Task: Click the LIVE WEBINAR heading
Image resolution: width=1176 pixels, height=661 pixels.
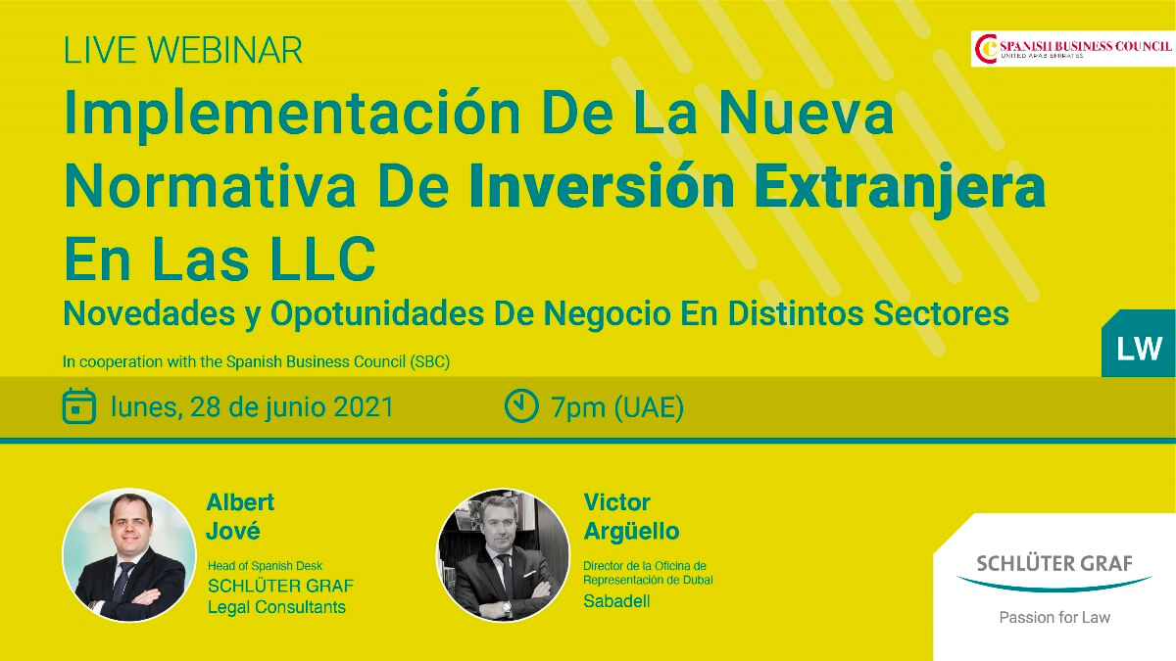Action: (x=182, y=50)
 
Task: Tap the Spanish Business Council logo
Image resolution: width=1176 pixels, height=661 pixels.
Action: (x=1072, y=49)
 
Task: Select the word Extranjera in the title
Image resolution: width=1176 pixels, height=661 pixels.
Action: (x=900, y=187)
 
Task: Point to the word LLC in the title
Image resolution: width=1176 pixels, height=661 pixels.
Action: (x=322, y=260)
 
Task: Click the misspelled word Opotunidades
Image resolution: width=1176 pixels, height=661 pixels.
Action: (x=377, y=314)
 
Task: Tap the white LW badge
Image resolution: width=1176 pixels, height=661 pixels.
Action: (x=1139, y=349)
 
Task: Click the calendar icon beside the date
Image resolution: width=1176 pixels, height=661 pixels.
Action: (x=79, y=406)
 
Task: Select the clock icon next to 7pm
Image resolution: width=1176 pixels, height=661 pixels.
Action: (x=521, y=405)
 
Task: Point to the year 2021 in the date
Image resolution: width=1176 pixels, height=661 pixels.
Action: (x=364, y=407)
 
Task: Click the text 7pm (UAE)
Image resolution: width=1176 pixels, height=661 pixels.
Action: (x=616, y=407)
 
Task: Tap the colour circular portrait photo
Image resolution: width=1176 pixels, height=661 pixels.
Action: (x=129, y=555)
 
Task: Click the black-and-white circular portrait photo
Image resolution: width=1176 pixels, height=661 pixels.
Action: (x=504, y=555)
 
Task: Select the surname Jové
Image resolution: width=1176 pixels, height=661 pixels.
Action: (x=233, y=532)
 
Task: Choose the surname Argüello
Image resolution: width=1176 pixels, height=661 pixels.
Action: (x=631, y=532)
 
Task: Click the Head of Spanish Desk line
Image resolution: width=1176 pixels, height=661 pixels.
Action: (x=265, y=566)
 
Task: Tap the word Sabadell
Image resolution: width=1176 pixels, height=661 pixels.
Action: (x=616, y=601)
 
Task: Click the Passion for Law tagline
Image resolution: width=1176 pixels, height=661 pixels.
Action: (x=1054, y=618)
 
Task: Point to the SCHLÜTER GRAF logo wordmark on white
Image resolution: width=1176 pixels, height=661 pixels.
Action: (x=1054, y=563)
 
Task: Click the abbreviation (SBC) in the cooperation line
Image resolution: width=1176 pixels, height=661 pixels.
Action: (x=430, y=362)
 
